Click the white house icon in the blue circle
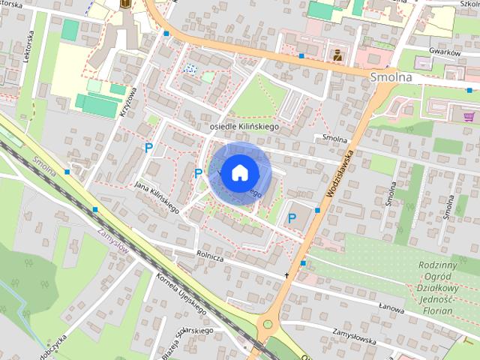238,172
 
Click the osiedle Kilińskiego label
244,127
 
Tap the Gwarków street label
443,52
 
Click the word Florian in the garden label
439,310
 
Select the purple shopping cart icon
469,117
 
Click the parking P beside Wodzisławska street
292,218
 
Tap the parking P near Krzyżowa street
148,148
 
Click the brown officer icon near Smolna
337,54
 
